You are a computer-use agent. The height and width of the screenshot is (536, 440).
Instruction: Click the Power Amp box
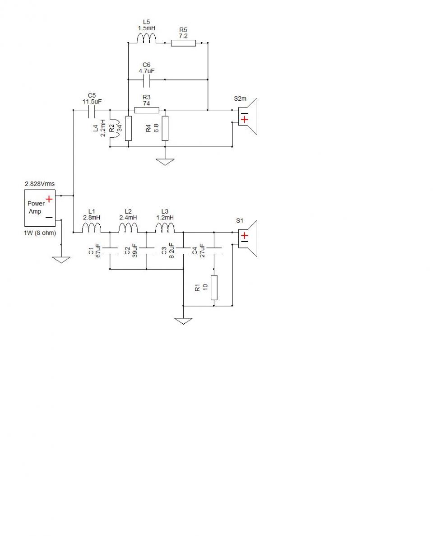tap(40, 208)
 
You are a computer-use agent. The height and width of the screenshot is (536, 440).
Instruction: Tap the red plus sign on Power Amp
tap(49, 199)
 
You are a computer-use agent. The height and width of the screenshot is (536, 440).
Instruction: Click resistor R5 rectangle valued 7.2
tap(184, 43)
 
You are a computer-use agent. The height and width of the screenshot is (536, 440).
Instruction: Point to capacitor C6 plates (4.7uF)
tap(147, 79)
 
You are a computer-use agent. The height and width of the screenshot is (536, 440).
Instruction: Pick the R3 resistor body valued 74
tap(147, 110)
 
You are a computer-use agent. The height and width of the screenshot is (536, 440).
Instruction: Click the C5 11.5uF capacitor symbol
tap(92, 110)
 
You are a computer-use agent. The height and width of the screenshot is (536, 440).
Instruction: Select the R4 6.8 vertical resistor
tap(165, 129)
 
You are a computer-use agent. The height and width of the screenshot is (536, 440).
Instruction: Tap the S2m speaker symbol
tap(248, 117)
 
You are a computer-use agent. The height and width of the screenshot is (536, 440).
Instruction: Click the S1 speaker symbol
tap(248, 238)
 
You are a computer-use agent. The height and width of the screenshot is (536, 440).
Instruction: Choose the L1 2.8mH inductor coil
tap(92, 228)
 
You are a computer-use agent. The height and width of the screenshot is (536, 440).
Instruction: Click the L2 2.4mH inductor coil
tap(128, 228)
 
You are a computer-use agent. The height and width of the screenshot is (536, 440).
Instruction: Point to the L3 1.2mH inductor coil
tap(165, 228)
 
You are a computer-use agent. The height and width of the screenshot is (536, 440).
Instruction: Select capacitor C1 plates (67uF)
tap(110, 251)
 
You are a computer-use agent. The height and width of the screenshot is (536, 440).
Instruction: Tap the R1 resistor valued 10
tap(214, 288)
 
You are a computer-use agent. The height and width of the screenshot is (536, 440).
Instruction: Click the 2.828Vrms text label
tap(40, 184)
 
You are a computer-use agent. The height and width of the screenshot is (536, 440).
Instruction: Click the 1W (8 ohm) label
tap(40, 233)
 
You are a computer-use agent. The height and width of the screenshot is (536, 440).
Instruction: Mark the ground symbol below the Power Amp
tap(61, 260)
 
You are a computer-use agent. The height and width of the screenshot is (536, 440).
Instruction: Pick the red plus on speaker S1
tap(245, 236)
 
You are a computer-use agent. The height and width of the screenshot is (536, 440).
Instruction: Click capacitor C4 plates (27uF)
tap(214, 251)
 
